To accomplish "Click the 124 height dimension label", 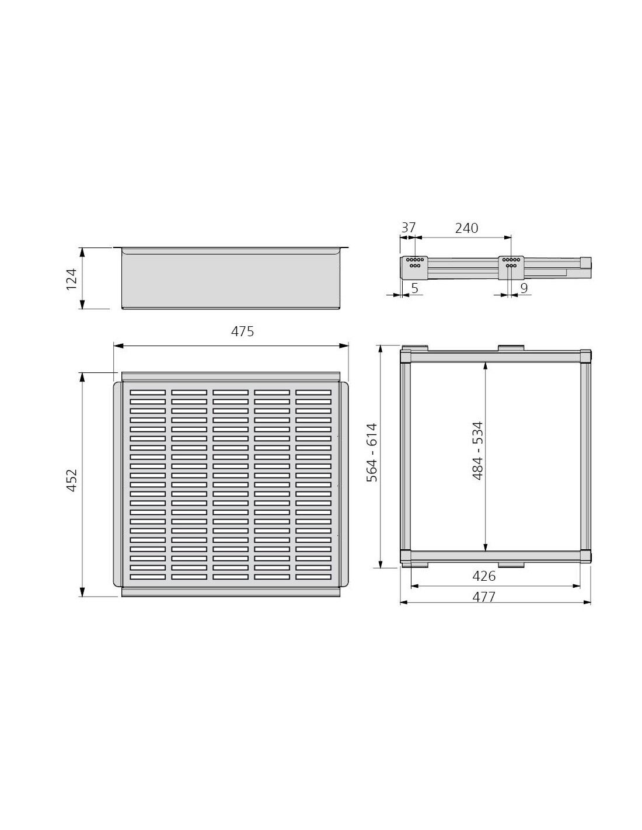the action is (72, 280).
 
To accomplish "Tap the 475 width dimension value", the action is (242, 332).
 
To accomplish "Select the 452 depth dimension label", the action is (72, 480).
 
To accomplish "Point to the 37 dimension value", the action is (408, 228).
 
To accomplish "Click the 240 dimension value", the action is (466, 228).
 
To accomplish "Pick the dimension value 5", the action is (415, 288).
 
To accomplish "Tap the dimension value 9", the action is (524, 288).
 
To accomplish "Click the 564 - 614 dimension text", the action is (372, 452).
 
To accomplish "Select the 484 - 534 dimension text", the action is (478, 451).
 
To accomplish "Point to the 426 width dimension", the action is (484, 576).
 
